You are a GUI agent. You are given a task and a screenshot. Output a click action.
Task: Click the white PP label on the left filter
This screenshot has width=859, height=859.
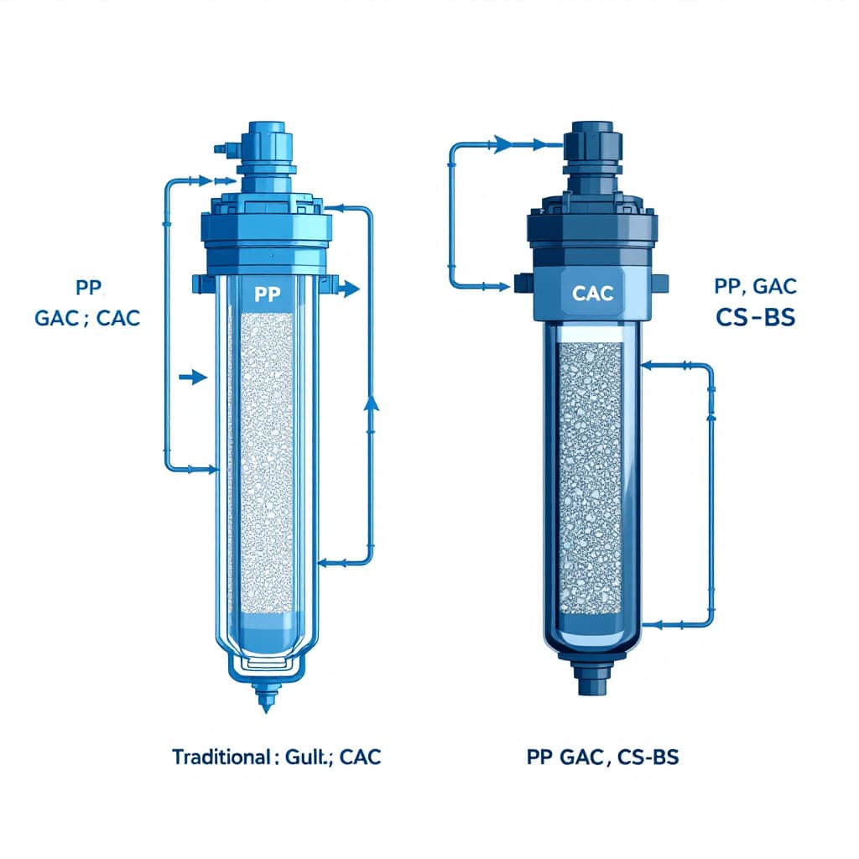[x=268, y=294]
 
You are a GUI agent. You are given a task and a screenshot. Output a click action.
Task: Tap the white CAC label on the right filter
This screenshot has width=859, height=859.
[x=592, y=293]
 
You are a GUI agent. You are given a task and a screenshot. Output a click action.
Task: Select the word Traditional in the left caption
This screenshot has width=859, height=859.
[x=221, y=757]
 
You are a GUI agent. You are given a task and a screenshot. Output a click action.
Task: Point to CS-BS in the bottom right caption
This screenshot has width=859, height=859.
[x=648, y=757]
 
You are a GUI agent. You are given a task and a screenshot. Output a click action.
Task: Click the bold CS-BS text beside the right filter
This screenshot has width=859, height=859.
[x=756, y=318]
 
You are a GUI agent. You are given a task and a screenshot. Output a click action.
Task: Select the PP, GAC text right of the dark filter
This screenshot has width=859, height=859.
[x=756, y=286]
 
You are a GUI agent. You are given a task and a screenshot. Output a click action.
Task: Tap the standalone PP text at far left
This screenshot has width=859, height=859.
[x=89, y=288]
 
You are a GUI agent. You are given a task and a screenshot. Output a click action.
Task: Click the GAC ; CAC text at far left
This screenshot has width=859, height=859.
[x=87, y=318]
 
